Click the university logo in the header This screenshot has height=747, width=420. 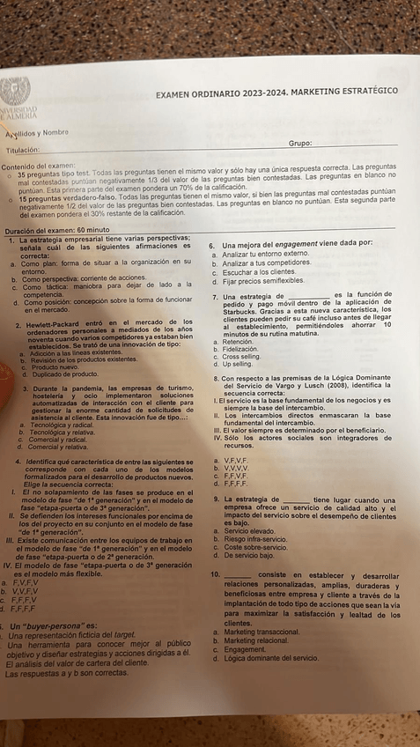[x=18, y=98]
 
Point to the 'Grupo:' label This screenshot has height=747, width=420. [x=301, y=143]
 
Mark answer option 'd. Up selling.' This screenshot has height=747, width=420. [x=233, y=363]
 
